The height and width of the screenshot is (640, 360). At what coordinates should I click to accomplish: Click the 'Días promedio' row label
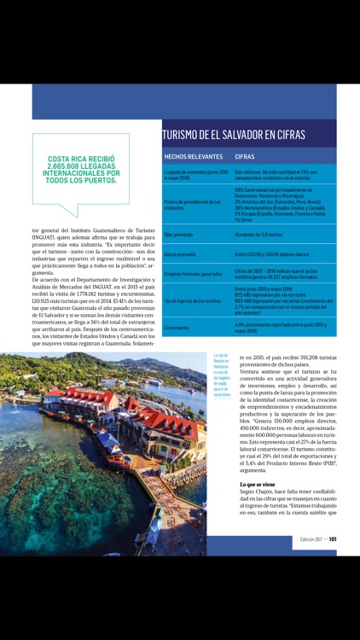(x=180, y=233)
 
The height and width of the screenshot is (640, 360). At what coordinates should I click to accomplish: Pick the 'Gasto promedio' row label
(x=180, y=254)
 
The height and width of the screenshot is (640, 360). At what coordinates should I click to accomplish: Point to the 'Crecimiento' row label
(x=177, y=327)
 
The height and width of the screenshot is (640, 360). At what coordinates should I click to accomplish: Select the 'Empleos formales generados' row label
(x=192, y=274)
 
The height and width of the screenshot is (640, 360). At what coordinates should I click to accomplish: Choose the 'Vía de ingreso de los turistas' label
(x=195, y=301)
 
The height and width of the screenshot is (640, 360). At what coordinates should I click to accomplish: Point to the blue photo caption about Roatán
(x=222, y=376)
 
